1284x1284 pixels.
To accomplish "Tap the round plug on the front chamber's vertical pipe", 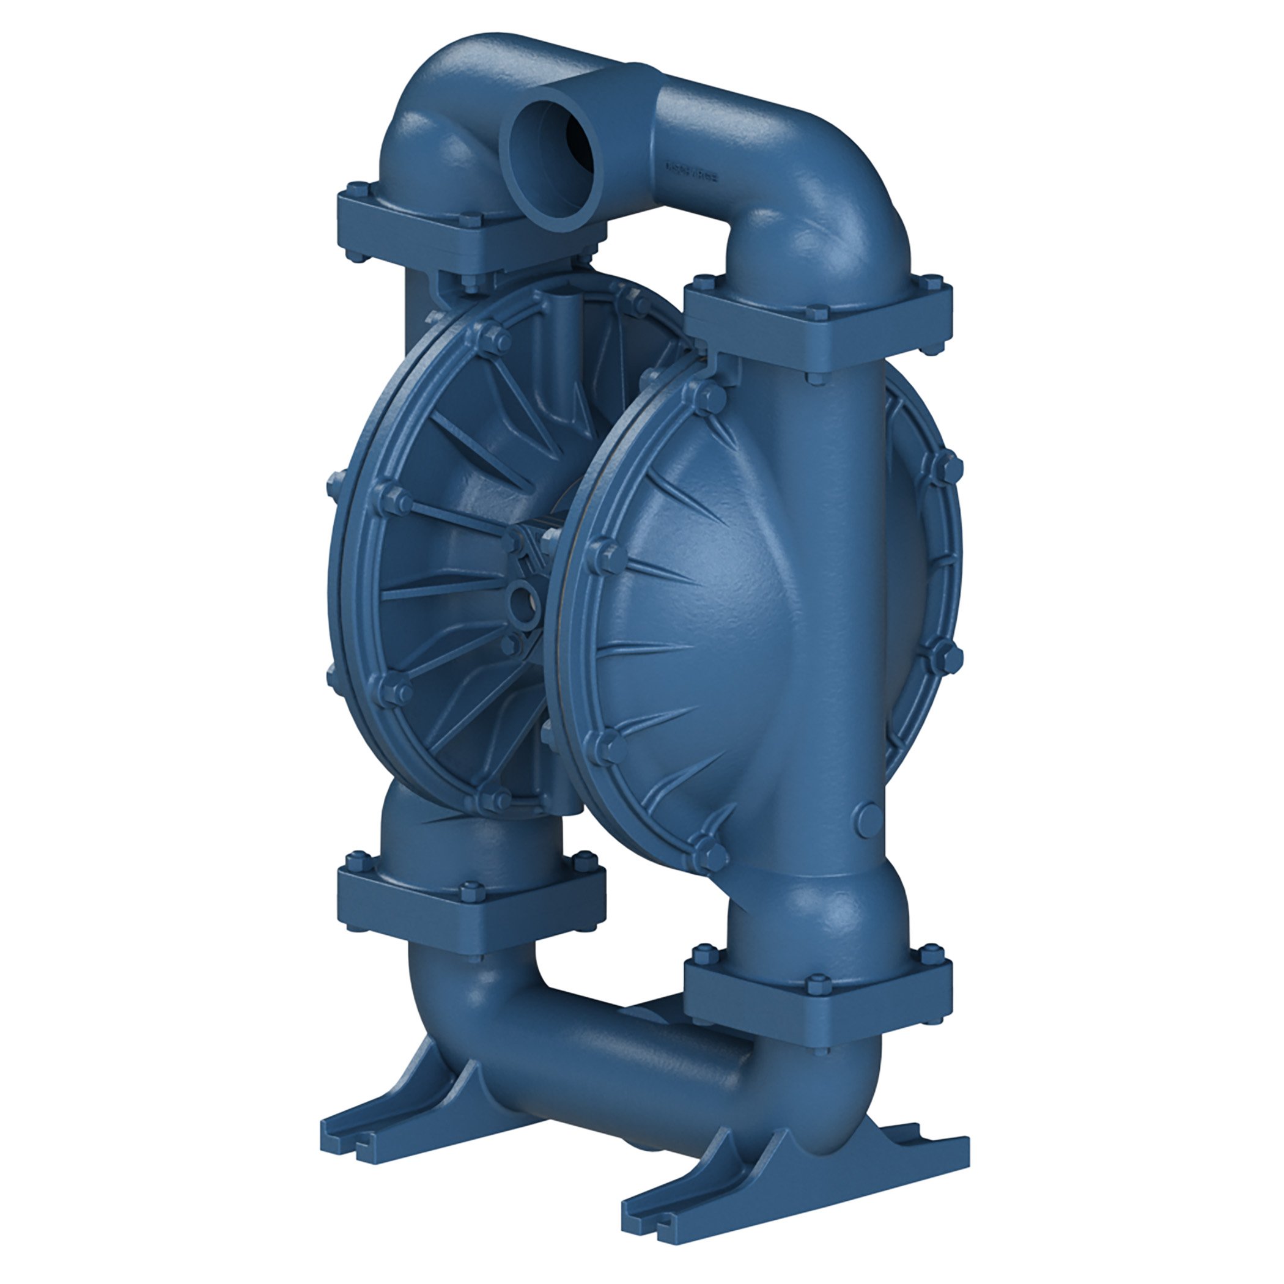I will pos(869,821).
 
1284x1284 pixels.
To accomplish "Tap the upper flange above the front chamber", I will pos(817,326).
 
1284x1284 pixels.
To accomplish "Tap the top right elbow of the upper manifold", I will pos(831,199).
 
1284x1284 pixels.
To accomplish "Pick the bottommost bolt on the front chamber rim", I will pos(712,857).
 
